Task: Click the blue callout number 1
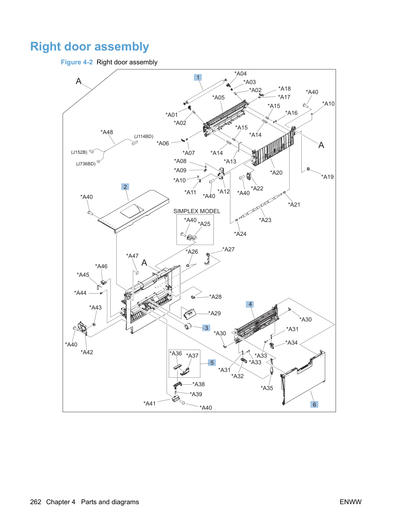pos(198,77)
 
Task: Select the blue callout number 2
pos(125,187)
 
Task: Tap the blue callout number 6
pos(314,404)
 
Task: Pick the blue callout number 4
pos(250,304)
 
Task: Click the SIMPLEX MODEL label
pos(197,211)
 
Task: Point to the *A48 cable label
pos(107,132)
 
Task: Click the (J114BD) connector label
pos(144,136)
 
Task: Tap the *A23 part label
pos(265,220)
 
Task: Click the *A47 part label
pos(132,256)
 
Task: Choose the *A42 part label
pos(87,352)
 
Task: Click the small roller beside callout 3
pos(188,326)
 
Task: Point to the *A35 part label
pos(267,388)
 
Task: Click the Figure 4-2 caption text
pos(109,62)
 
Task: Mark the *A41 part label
pos(149,404)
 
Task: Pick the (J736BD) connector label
pos(86,164)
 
